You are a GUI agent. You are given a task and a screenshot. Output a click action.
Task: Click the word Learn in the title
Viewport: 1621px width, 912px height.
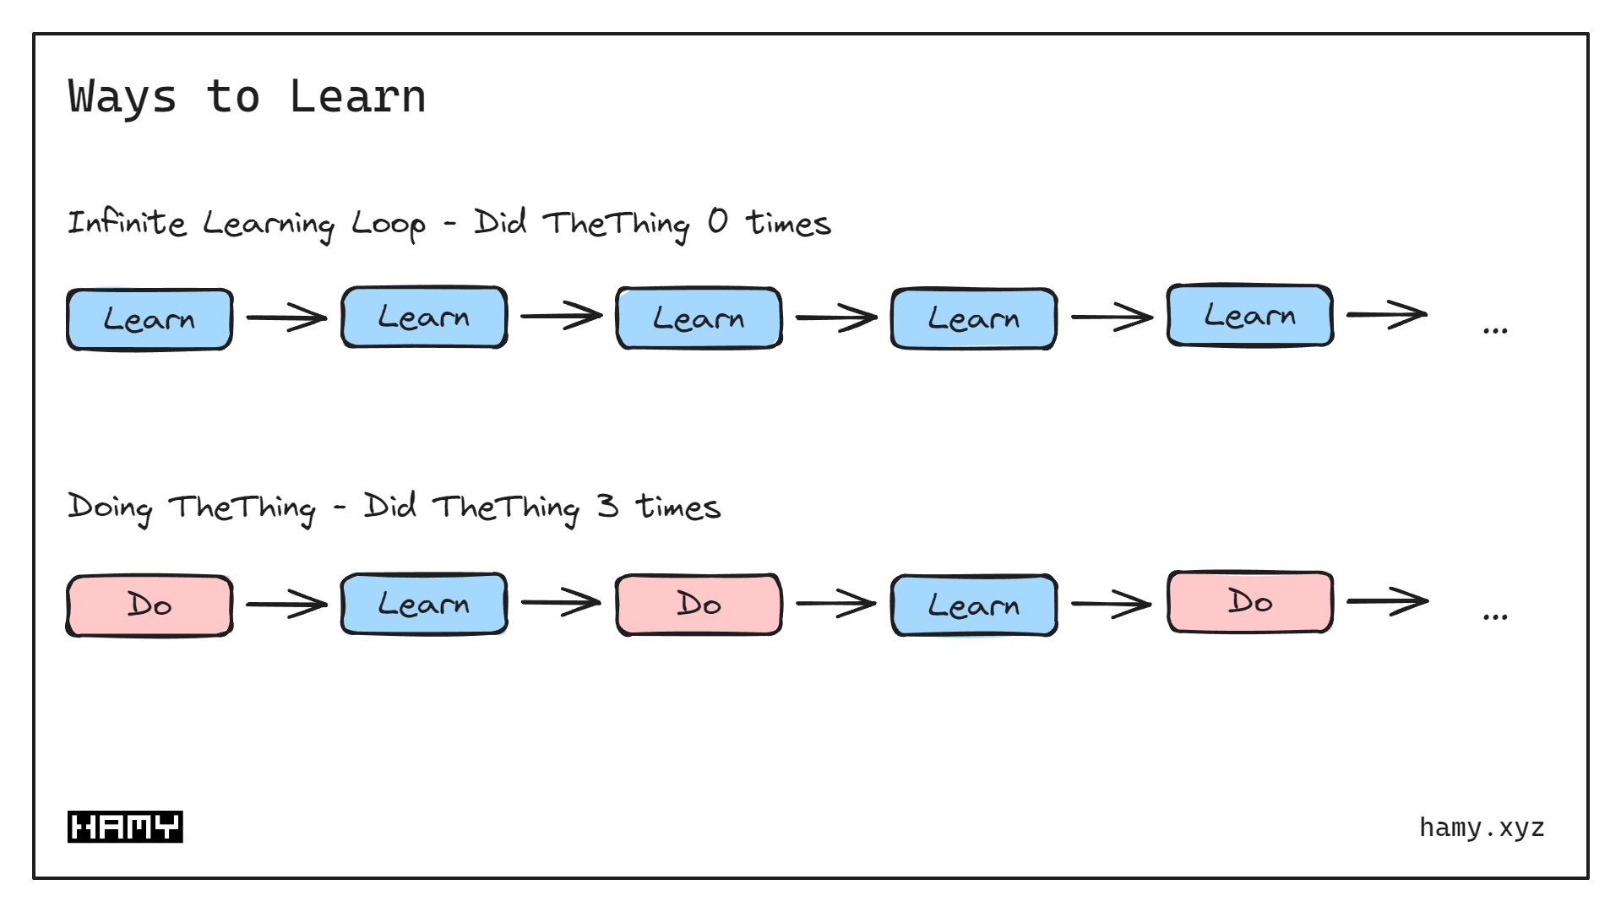pyautogui.click(x=357, y=96)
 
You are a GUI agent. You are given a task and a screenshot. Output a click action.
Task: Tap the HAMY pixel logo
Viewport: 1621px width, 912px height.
pyautogui.click(x=125, y=827)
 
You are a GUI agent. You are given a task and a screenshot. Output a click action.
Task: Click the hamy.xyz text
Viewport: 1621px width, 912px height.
pyautogui.click(x=1482, y=828)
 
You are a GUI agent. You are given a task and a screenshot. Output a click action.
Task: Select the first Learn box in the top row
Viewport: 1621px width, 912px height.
pyautogui.click(x=150, y=319)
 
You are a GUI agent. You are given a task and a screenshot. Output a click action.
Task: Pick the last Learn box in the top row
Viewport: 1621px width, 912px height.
pyautogui.click(x=1249, y=316)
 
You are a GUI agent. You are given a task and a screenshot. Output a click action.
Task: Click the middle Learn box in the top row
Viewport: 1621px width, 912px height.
pyautogui.click(x=699, y=318)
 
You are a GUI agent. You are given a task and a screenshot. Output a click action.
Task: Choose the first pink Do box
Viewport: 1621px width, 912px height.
pyautogui.click(x=150, y=605)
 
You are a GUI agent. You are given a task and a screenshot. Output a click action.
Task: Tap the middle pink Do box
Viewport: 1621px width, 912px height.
pyautogui.click(x=699, y=605)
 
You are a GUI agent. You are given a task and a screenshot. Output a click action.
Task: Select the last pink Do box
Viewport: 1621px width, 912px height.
pyautogui.click(x=1249, y=602)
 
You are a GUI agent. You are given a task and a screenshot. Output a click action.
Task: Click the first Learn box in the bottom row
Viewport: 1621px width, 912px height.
pyautogui.click(x=424, y=605)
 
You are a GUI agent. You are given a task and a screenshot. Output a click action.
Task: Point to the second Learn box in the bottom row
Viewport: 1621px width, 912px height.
pyautogui.click(x=974, y=605)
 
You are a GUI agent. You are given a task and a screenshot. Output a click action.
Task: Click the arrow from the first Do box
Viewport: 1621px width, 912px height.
pyautogui.click(x=286, y=605)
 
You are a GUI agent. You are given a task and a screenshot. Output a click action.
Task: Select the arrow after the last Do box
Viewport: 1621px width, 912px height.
pyautogui.click(x=1387, y=601)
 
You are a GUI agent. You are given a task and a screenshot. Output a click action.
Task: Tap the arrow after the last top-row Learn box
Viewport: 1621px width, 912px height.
pyautogui.click(x=1387, y=314)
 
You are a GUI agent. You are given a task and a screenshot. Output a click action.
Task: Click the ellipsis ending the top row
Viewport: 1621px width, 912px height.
pyautogui.click(x=1494, y=330)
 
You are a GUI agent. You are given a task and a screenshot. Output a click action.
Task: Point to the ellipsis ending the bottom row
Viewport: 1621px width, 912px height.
pyautogui.click(x=1494, y=616)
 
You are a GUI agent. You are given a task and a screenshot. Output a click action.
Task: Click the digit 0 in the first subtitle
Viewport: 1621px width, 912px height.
pyautogui.click(x=717, y=221)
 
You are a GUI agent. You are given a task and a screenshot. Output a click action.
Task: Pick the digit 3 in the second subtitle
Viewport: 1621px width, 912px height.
pyautogui.click(x=607, y=506)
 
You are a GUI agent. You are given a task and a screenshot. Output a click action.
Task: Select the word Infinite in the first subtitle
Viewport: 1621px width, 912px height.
pyautogui.click(x=127, y=223)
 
